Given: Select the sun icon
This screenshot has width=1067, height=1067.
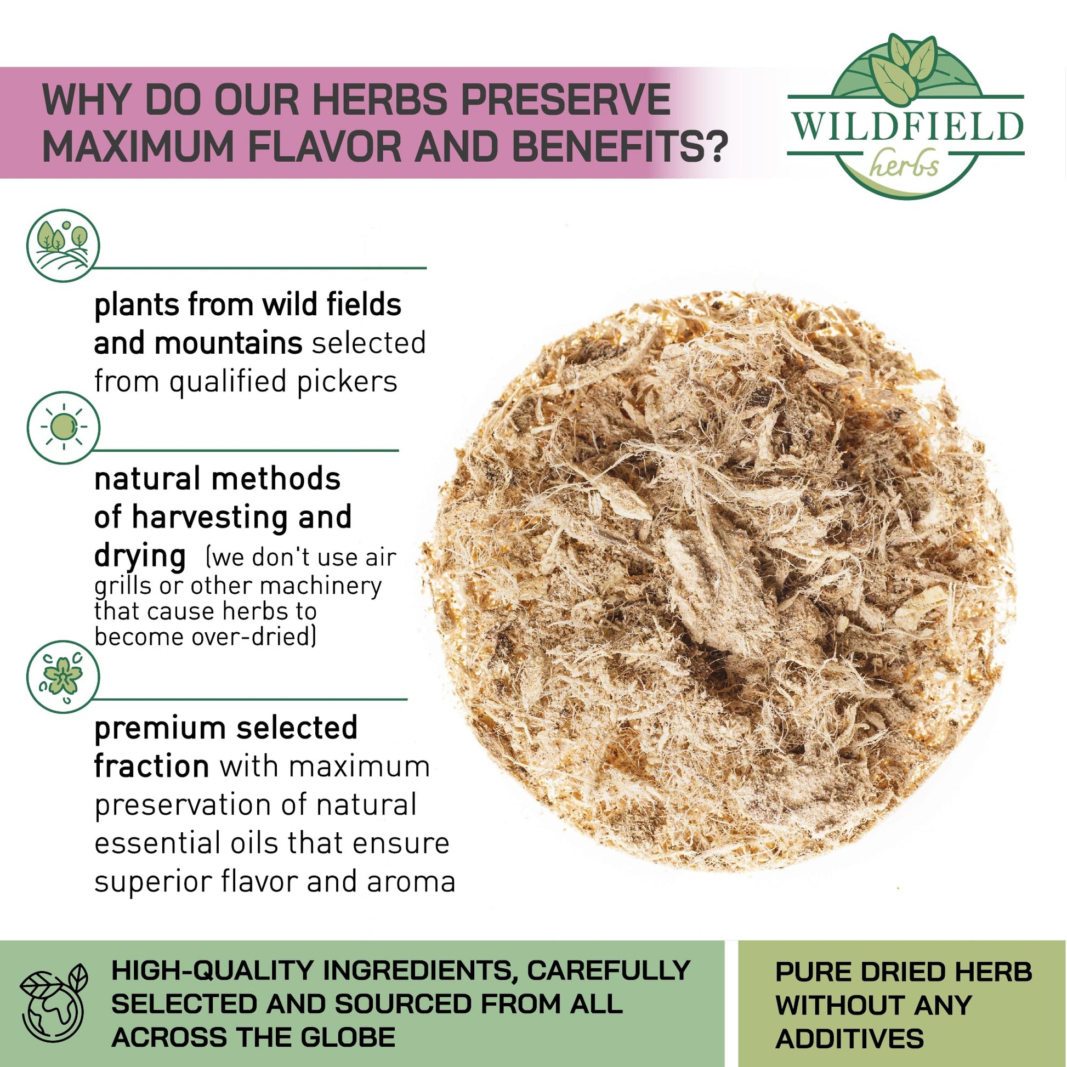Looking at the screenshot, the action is coord(63,428).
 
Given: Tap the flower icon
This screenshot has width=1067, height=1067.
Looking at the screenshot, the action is coord(63,676).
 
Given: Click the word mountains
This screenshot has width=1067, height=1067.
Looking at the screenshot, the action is coord(228,343).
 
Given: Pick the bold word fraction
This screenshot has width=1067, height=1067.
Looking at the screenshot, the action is coord(151,767).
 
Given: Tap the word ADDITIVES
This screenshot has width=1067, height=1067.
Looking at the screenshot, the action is coord(849,1038).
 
